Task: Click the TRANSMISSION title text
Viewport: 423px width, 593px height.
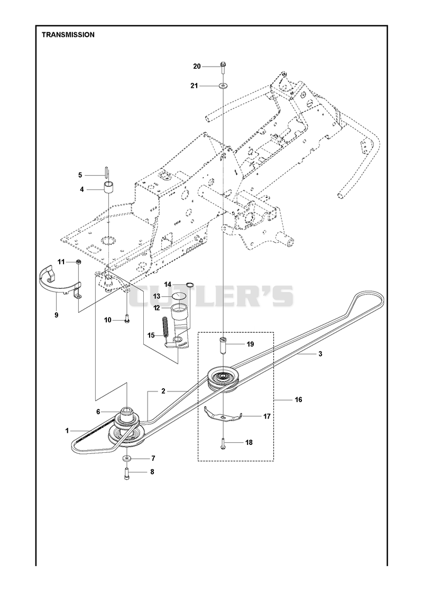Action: [68, 35]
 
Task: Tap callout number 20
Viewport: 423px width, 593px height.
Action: [197, 67]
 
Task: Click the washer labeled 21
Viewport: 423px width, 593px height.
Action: [224, 86]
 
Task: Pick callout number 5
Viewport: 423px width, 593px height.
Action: [80, 175]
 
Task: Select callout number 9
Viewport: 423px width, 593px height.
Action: [57, 315]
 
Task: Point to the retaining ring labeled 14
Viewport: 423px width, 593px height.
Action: [190, 285]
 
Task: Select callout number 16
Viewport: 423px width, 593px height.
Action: [299, 400]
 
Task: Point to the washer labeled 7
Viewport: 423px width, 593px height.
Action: [125, 458]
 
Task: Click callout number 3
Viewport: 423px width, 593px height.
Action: [320, 354]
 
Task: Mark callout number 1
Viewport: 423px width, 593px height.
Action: [67, 431]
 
